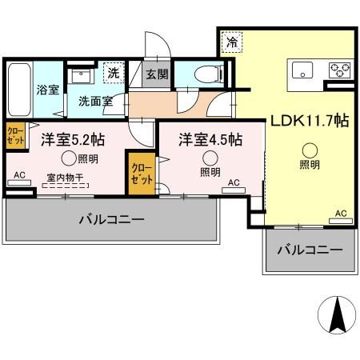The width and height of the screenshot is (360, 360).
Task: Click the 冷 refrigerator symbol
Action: (x=231, y=41)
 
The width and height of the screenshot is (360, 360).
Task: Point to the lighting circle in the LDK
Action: (x=310, y=149)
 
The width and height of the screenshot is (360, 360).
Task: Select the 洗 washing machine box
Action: (x=114, y=73)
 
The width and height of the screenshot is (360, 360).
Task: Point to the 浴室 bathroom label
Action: (x=46, y=90)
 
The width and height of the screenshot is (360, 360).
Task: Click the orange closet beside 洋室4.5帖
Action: (x=141, y=174)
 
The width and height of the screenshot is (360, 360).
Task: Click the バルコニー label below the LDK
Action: (x=310, y=250)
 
